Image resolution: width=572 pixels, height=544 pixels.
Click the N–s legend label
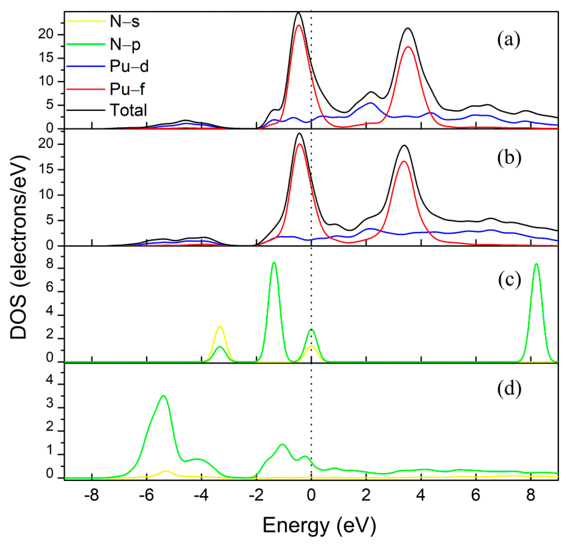tap(125, 21)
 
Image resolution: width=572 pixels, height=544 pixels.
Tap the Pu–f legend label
tap(127, 89)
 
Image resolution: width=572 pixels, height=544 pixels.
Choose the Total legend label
tap(128, 110)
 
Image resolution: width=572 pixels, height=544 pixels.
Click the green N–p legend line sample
tap(86, 44)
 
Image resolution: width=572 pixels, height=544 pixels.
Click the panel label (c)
tap(509, 280)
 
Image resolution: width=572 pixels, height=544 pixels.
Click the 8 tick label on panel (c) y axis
tap(50, 264)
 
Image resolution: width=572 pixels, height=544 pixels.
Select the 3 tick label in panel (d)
tap(50, 403)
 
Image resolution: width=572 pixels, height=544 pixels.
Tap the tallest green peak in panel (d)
tap(163, 396)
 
